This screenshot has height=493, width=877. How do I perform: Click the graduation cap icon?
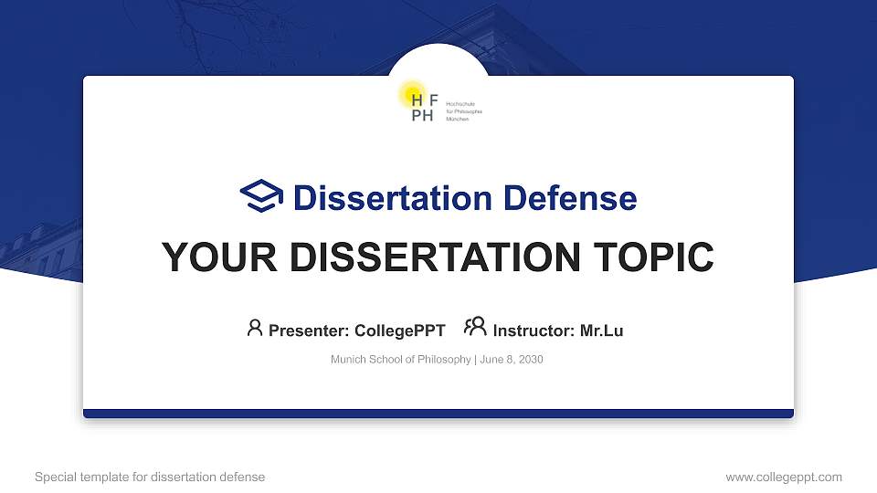(262, 196)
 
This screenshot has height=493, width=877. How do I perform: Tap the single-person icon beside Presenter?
(255, 328)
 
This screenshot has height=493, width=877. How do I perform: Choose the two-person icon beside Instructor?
(475, 327)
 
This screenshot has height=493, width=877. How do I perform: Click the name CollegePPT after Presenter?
(399, 330)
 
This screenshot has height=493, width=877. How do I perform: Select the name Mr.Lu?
(602, 330)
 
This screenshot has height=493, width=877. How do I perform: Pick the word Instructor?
(534, 330)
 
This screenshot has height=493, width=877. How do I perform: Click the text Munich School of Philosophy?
(400, 360)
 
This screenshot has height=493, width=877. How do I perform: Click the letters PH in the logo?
(422, 116)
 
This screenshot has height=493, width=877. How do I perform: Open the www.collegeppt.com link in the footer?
(784, 477)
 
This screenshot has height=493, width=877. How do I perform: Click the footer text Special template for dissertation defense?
(150, 477)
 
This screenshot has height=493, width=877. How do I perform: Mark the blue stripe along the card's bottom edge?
(438, 414)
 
